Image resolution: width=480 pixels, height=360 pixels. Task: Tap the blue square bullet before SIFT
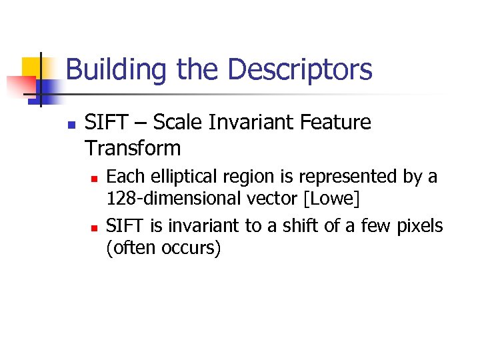pyautogui.click(x=71, y=124)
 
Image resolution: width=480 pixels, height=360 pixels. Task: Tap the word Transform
pyautogui.click(x=133, y=148)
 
